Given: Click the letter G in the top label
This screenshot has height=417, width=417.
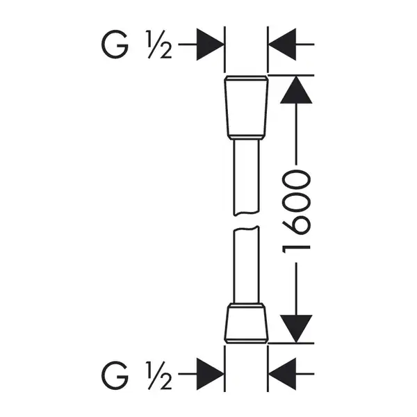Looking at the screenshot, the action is (x=115, y=44).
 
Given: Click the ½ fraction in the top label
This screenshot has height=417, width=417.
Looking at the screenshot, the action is (x=159, y=44).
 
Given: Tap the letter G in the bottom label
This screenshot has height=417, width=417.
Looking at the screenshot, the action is (x=115, y=375).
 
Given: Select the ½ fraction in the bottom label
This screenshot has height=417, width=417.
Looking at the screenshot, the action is (x=159, y=375).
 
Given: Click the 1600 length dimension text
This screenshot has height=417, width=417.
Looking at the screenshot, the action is (x=297, y=212).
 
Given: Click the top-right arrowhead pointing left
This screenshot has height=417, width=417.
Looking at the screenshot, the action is (x=282, y=44).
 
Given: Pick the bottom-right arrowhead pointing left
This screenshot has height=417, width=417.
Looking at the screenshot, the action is (x=282, y=374).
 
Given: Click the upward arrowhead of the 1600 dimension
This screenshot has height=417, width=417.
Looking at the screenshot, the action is (x=296, y=90).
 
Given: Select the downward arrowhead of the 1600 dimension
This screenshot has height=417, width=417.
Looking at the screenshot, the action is (x=296, y=329).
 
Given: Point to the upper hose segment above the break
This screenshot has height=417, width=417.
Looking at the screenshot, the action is (x=246, y=177).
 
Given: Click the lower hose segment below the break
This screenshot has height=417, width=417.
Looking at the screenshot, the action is (x=246, y=265).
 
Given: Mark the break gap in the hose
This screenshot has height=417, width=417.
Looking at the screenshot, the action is (x=246, y=221).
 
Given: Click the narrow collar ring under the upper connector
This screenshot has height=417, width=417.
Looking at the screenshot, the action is (x=246, y=138).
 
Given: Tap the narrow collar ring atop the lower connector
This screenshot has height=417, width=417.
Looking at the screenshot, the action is (x=246, y=305).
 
